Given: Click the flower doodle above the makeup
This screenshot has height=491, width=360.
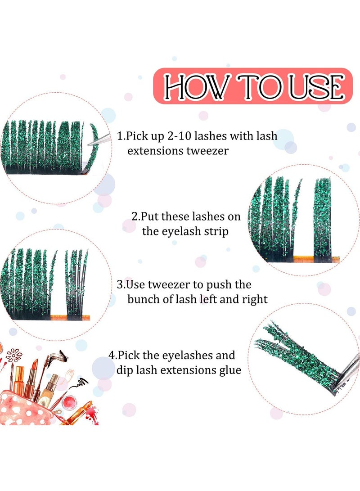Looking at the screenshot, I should [x=14, y=355].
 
